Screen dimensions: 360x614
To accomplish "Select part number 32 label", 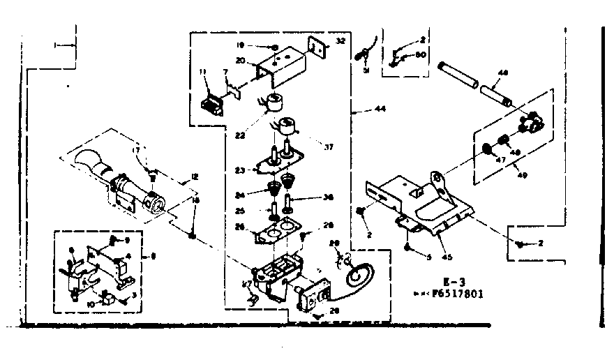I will point(340,41).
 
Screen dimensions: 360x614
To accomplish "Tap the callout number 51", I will point(365,70).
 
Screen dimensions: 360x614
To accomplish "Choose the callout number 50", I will point(420,54).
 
